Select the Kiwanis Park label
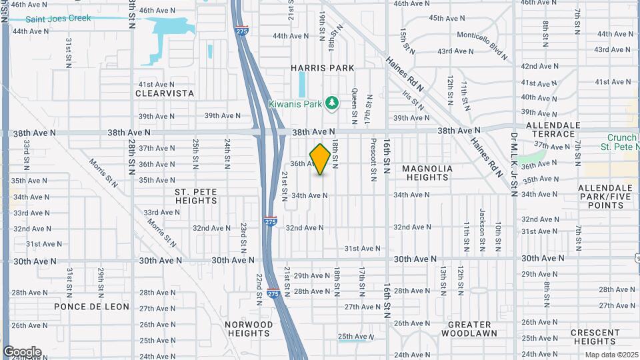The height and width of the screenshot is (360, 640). tap(295, 104)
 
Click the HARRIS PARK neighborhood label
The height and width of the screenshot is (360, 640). tap(322, 68)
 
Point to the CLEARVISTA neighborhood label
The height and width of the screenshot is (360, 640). tap(164, 94)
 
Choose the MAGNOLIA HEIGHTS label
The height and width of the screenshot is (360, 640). tap(427, 173)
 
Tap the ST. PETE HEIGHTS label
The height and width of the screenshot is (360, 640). tap(197, 196)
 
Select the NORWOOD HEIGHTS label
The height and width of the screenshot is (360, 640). tap(249, 329)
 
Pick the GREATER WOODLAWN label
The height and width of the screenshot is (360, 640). tap(469, 329)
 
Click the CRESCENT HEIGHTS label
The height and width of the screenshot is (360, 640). tap(595, 337)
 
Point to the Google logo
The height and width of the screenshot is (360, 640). tap(22, 352)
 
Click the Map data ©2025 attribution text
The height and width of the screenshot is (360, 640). tap(611, 355)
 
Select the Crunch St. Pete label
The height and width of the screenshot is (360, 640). tap(618, 142)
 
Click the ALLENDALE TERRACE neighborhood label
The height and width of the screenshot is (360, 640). tap(550, 129)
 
